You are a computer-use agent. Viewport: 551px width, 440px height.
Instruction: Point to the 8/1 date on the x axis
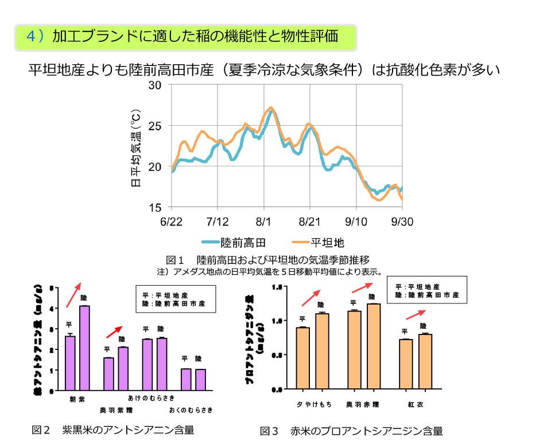click(x=263, y=221)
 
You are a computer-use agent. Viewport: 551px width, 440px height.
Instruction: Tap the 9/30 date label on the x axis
click(x=401, y=221)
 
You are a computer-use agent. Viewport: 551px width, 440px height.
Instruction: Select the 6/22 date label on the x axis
click(x=171, y=221)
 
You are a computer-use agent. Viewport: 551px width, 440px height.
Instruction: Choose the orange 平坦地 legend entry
click(x=318, y=242)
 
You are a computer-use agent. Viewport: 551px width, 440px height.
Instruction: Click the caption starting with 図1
click(x=267, y=259)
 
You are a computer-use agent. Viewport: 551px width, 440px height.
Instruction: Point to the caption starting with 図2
click(x=113, y=430)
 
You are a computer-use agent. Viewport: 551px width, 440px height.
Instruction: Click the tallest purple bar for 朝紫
click(x=84, y=348)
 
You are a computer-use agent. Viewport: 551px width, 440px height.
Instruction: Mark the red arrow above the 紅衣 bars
click(x=416, y=314)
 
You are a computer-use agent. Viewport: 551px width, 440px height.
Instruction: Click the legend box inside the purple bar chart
click(x=176, y=299)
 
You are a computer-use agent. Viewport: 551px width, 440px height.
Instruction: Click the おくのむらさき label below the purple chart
click(x=191, y=410)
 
